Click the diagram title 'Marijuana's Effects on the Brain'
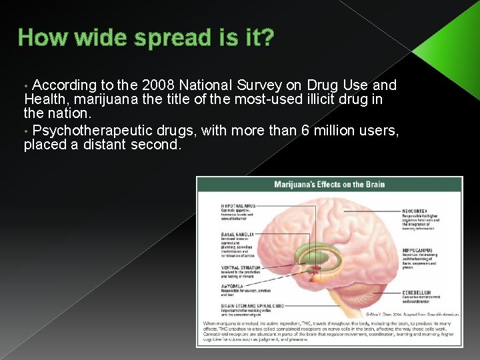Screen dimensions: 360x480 tap(329, 185)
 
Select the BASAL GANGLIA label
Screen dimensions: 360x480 tap(236, 235)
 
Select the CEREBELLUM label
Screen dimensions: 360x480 tap(417, 292)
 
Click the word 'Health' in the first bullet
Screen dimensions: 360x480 tap(43, 100)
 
